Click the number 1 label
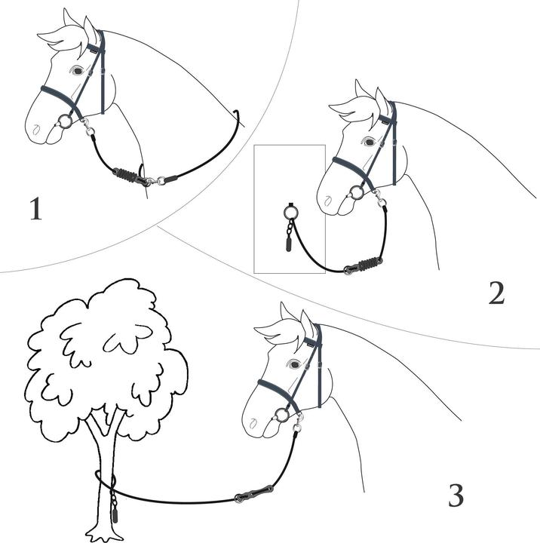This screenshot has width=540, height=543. (36, 208)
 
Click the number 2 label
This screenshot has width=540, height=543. (496, 293)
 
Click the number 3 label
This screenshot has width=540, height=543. (456, 495)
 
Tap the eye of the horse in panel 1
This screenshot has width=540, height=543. (77, 71)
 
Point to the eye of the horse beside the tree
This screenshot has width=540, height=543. (294, 364)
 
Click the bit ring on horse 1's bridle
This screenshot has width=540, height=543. (65, 121)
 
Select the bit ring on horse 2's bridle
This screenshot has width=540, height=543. (357, 192)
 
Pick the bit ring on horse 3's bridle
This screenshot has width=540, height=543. (282, 414)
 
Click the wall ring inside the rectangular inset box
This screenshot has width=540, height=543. (290, 211)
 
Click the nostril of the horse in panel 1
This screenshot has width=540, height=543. (35, 130)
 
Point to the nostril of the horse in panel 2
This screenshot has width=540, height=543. (327, 200)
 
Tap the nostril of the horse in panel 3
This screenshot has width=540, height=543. (253, 423)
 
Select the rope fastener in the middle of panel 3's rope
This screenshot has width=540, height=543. (254, 494)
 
